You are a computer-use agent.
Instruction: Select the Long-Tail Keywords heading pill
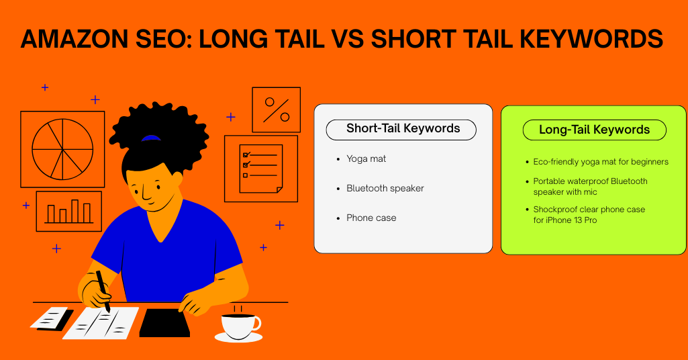pos(594,130)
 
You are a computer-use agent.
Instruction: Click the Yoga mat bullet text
pos(366,159)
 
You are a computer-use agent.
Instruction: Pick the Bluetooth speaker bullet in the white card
pos(385,189)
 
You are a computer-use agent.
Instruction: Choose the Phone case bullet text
pos(371,218)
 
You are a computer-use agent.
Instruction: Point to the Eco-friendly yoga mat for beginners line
pos(601,162)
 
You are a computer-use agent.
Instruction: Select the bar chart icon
pos(68,211)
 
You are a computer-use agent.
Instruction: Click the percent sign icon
pos(276,109)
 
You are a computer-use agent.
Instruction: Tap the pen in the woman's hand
pos(103,289)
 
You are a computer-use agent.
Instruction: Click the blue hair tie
pos(151,138)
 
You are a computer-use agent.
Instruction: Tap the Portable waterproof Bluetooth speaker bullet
pos(590,186)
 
